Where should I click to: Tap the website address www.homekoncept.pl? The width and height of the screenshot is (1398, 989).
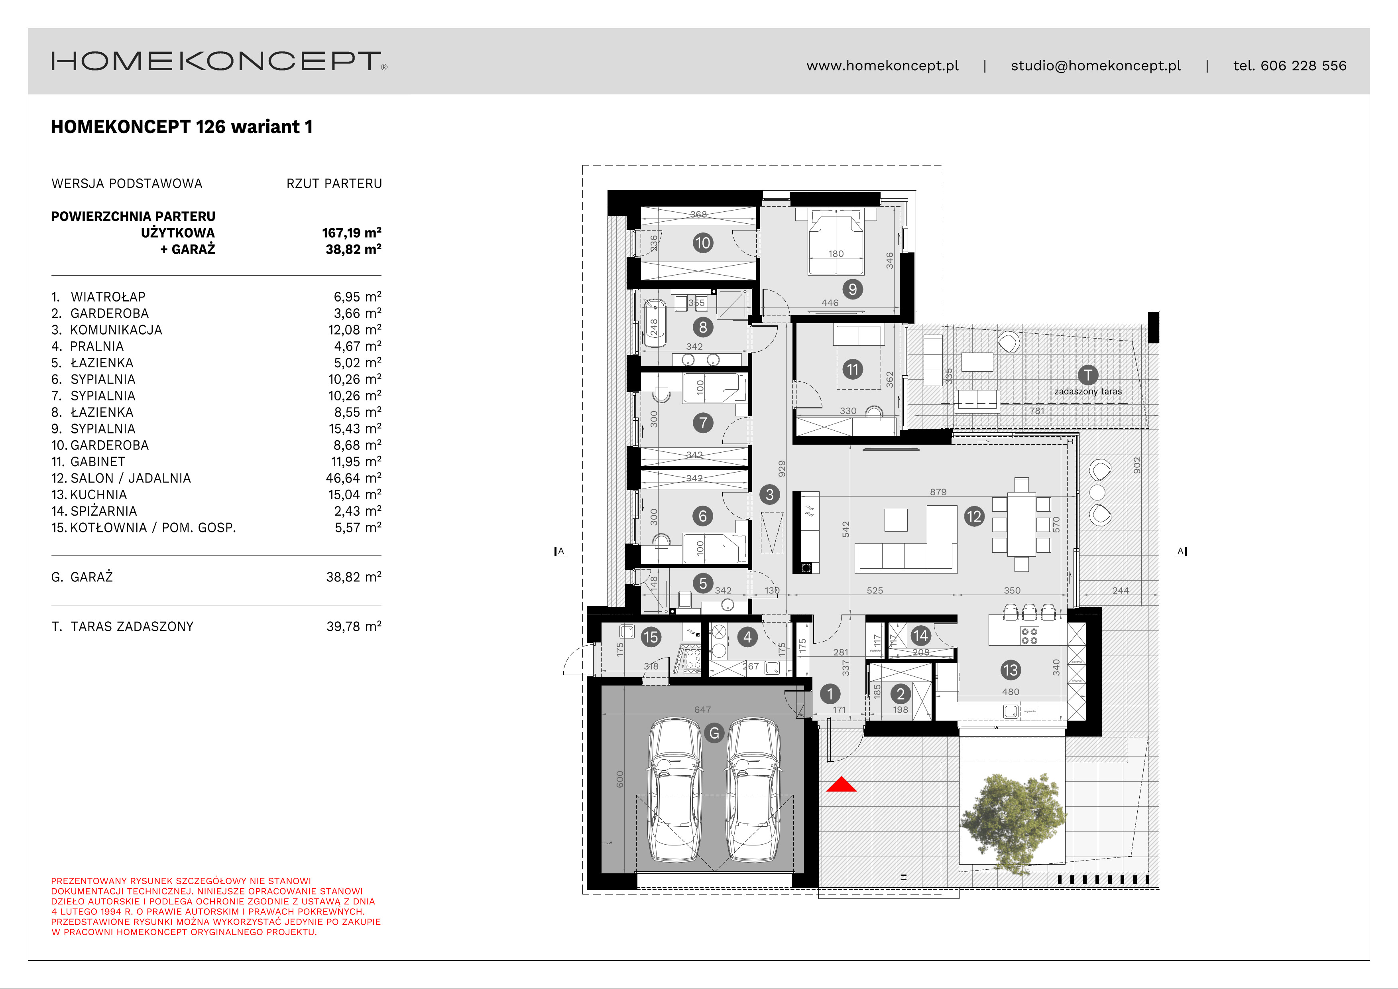click(882, 66)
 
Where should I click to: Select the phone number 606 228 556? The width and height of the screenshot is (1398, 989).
click(1303, 66)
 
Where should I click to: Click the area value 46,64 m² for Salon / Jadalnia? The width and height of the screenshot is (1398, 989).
click(353, 478)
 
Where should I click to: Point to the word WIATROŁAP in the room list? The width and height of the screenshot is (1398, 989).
click(108, 297)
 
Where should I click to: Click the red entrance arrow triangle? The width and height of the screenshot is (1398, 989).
click(841, 784)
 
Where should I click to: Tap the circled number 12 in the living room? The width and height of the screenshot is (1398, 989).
click(973, 516)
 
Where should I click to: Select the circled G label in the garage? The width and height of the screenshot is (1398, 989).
click(714, 733)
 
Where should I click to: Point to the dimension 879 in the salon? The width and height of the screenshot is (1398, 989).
click(938, 491)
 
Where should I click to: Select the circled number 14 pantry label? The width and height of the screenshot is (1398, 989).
click(920, 636)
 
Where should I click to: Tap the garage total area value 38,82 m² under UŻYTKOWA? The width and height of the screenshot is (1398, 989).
click(353, 249)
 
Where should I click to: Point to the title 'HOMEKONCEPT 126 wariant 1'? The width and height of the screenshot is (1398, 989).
click(181, 127)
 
